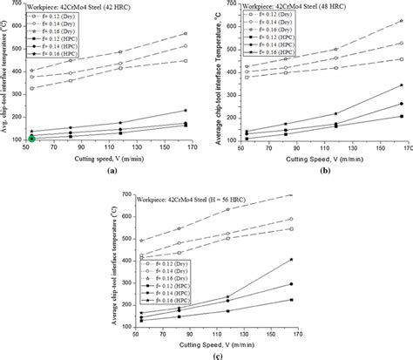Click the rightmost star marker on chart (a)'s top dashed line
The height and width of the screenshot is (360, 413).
[185, 34]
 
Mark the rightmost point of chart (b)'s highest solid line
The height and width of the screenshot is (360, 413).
[401, 85]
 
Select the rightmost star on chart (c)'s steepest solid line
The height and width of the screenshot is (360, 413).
[291, 259]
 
